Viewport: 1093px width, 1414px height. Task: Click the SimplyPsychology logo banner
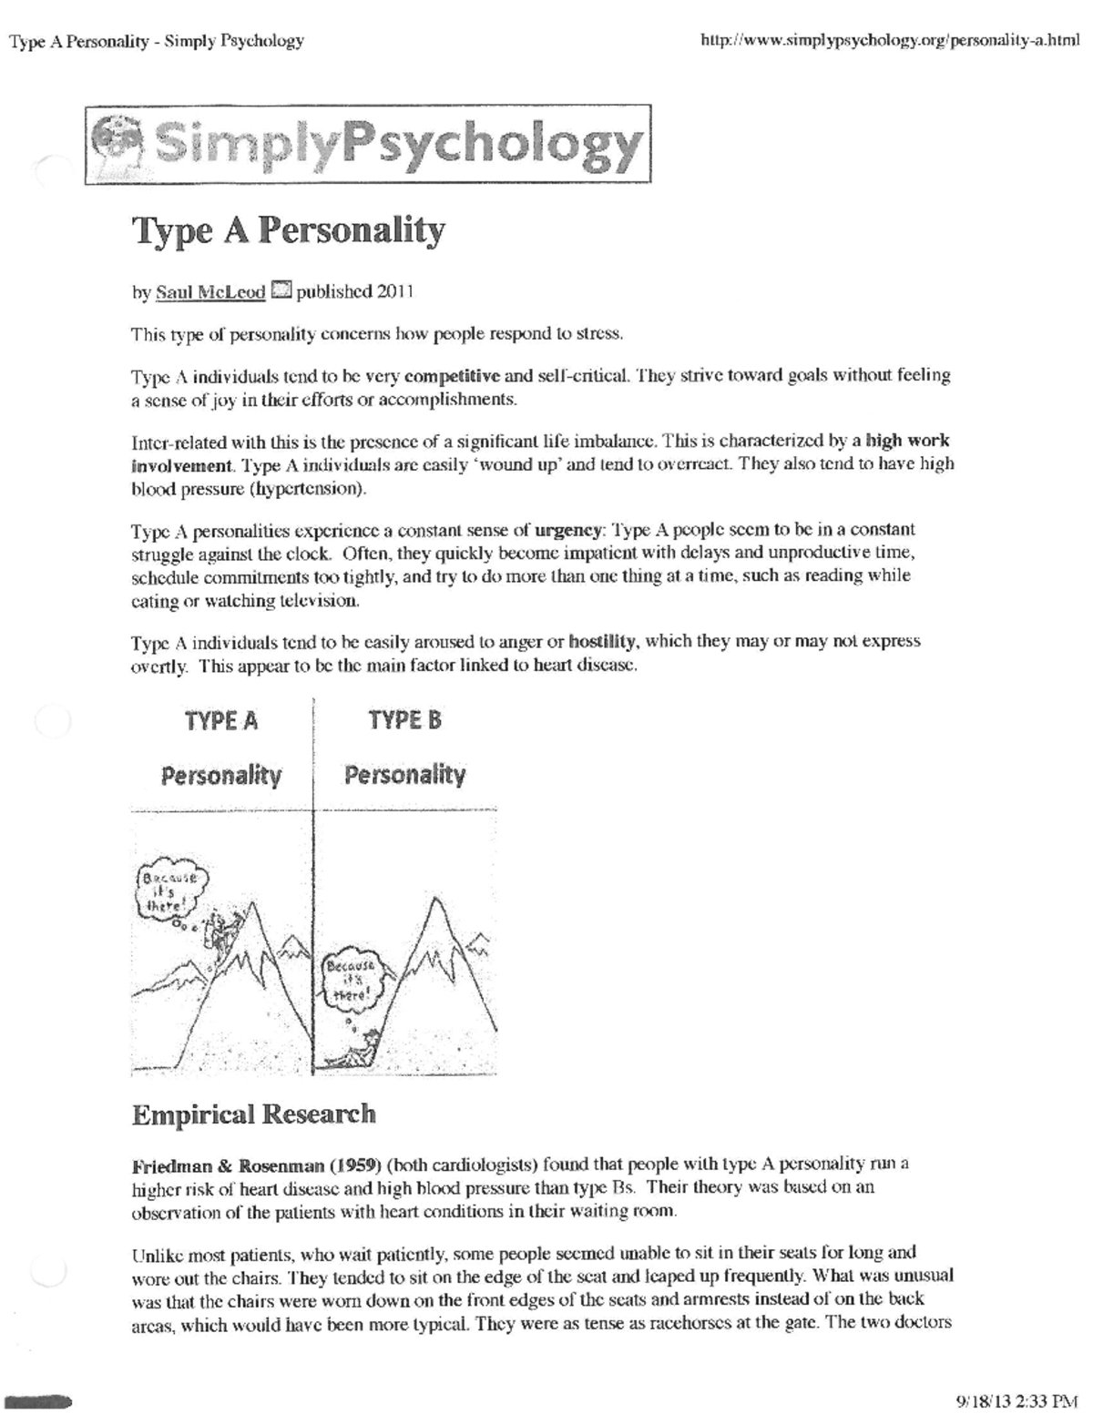tap(367, 145)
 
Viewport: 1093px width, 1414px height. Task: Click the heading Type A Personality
tap(289, 230)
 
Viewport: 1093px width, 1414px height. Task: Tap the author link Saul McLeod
tap(210, 292)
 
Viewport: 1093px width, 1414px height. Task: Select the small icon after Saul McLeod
tap(281, 291)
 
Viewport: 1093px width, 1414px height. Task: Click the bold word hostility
tap(601, 641)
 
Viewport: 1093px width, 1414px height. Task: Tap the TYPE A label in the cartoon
tap(221, 721)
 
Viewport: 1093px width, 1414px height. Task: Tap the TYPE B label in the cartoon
tap(404, 721)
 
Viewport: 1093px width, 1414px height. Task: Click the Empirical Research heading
tap(253, 1114)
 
